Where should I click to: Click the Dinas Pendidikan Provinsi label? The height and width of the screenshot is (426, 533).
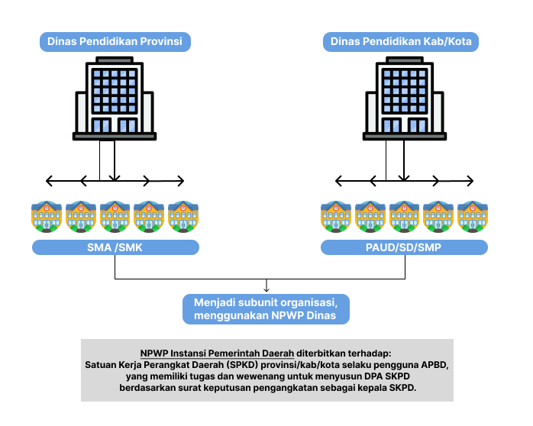[x=115, y=42]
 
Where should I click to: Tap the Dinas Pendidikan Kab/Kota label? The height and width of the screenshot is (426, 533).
[x=401, y=42]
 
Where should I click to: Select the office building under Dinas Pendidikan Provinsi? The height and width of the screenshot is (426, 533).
[x=115, y=98]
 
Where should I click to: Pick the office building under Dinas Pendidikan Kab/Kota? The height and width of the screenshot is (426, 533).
[x=405, y=98]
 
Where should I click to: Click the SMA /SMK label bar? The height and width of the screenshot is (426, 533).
[x=115, y=247]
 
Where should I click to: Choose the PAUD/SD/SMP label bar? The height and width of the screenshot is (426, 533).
[x=404, y=247]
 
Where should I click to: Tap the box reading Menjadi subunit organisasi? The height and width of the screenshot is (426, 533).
[x=266, y=309]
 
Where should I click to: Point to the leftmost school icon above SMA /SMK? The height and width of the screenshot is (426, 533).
[x=47, y=217]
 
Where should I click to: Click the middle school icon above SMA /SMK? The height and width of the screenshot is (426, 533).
[x=115, y=217]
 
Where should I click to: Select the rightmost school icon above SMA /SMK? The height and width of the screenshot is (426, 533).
[x=183, y=217]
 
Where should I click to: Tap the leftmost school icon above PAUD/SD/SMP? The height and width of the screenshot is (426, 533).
[x=336, y=217]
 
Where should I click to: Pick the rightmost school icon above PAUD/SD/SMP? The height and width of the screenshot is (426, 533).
[x=473, y=217]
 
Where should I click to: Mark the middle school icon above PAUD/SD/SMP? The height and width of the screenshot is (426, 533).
[x=404, y=217]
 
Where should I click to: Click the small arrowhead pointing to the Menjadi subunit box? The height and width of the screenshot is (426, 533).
[x=266, y=289]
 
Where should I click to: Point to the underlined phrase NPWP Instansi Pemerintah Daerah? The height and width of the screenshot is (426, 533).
[x=217, y=353]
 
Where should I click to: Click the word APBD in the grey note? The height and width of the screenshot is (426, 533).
[x=434, y=365]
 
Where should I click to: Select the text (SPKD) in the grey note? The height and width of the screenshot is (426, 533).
[x=242, y=365]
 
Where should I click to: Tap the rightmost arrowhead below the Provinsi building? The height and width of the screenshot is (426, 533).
[x=181, y=181]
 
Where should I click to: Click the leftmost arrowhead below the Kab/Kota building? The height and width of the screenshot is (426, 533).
[x=338, y=181]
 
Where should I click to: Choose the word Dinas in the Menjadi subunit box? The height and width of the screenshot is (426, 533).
[x=321, y=315]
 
